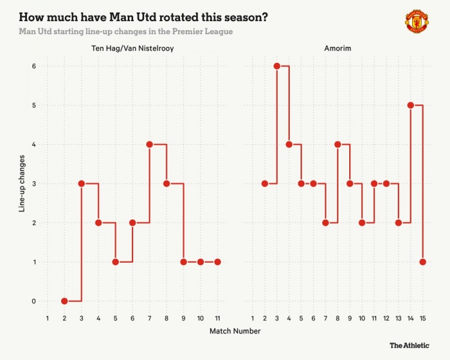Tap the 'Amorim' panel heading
tap(338, 49)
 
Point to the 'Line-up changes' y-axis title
tap(22, 184)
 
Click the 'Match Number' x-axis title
tap(235, 331)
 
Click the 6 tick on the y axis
tap(34, 66)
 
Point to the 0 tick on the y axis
tap(34, 301)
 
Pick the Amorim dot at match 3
tap(277, 66)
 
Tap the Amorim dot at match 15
tap(423, 262)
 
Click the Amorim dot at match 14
tap(410, 105)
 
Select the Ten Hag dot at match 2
tap(64, 301)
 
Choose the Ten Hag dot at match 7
tap(149, 145)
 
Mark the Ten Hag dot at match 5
tap(115, 262)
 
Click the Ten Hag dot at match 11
tap(217, 262)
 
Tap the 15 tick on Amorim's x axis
tap(423, 317)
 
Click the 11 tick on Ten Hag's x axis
tap(217, 317)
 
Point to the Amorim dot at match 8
tap(338, 145)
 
